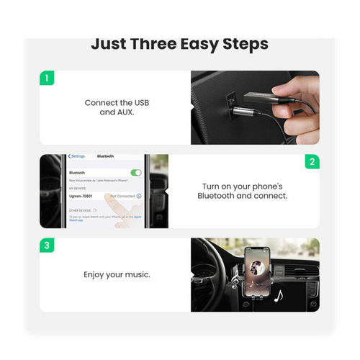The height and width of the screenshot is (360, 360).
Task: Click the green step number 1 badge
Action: [47, 78]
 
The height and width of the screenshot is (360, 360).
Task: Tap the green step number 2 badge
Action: [312, 162]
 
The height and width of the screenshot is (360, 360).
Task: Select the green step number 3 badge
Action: [47, 246]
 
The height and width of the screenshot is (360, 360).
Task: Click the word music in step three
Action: [137, 274]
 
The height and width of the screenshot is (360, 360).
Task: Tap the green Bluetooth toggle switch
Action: [136, 173]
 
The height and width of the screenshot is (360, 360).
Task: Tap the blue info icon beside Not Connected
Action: [139, 196]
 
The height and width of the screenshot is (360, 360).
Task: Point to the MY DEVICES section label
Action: [77, 188]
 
